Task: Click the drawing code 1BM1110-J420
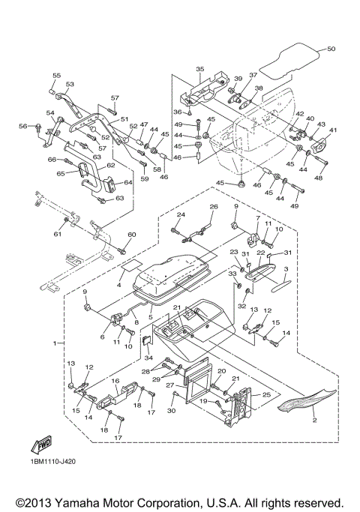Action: [x=54, y=462]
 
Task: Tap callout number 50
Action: [x=331, y=49]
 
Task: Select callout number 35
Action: [x=200, y=69]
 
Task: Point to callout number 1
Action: [x=55, y=343]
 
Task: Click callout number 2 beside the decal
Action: [x=314, y=420]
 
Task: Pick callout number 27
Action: [x=169, y=385]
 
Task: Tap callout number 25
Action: [x=266, y=395]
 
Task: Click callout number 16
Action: [x=115, y=381]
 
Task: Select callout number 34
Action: [x=148, y=358]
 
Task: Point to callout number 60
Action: [x=132, y=235]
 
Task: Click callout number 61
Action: [x=58, y=234]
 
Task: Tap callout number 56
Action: [x=22, y=126]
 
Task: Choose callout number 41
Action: [x=332, y=130]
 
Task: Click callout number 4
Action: [x=119, y=285]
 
